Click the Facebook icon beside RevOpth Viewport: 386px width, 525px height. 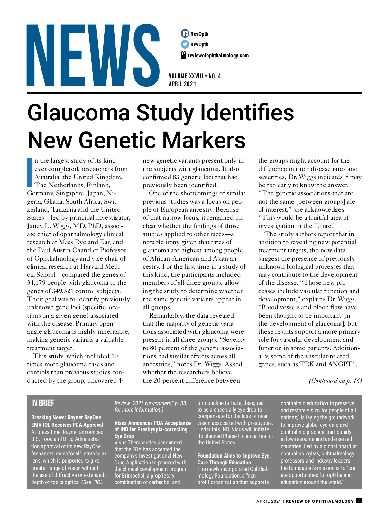(x=185, y=33)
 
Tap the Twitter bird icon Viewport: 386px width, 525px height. (x=185, y=44)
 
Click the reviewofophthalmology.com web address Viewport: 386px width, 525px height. (x=218, y=55)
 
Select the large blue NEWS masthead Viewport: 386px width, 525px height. (x=93, y=55)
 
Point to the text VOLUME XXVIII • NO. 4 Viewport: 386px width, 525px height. (x=195, y=76)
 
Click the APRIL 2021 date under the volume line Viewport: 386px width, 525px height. (x=182, y=84)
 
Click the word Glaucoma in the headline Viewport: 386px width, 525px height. (x=79, y=113)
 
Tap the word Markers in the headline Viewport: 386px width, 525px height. (x=204, y=140)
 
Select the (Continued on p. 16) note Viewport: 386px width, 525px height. (x=335, y=381)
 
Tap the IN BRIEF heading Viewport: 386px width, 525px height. (x=43, y=403)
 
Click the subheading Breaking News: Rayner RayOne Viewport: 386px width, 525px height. (x=66, y=417)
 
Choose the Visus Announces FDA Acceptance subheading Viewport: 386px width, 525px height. (x=152, y=423)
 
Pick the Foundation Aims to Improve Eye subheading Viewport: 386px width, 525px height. (x=233, y=456)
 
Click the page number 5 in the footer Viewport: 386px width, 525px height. (x=359, y=501)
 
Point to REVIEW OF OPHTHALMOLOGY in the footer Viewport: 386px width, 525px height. (x=320, y=501)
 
